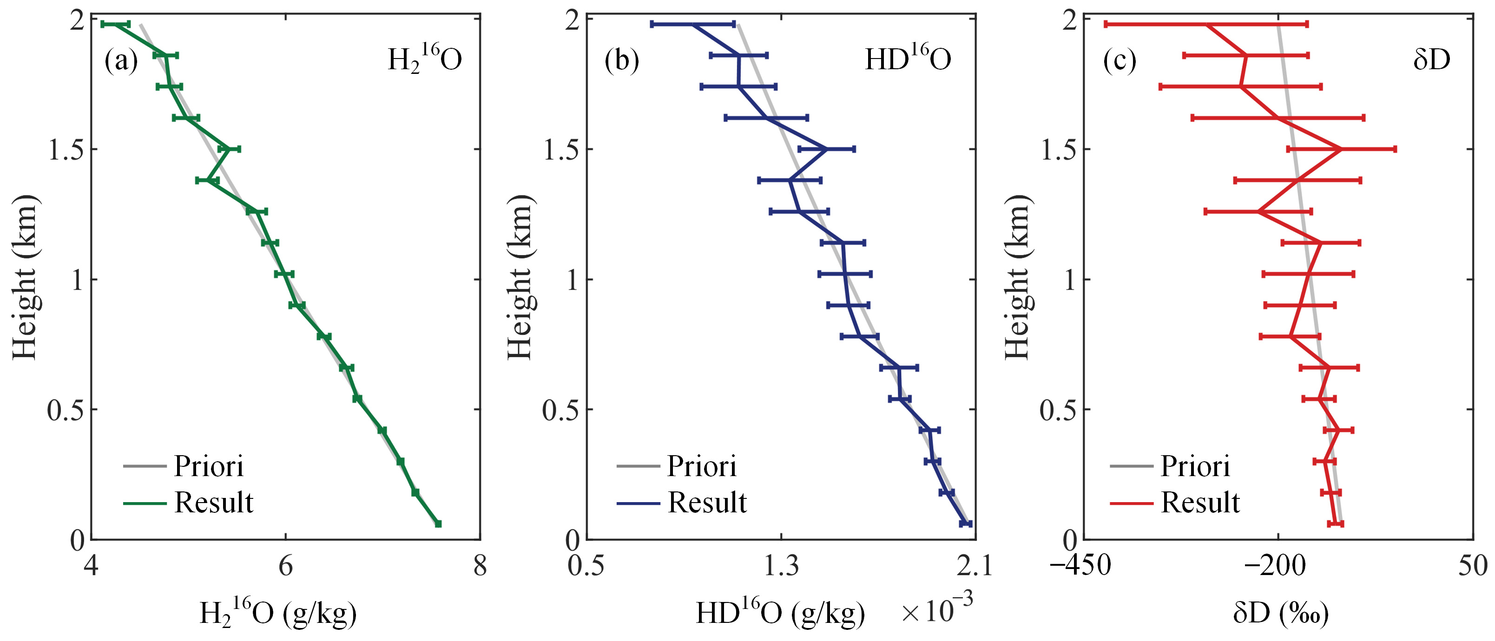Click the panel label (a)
point(121,61)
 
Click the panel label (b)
point(622,61)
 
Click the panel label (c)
point(1120,61)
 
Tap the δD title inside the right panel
point(1432,59)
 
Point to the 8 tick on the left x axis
point(480,566)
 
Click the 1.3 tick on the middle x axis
point(781,566)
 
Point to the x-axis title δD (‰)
point(1281,613)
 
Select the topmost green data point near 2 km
point(115,24)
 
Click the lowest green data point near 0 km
point(438,524)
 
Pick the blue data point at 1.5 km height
point(826,149)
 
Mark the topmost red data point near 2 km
point(1206,24)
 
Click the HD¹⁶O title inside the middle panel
point(908,58)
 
